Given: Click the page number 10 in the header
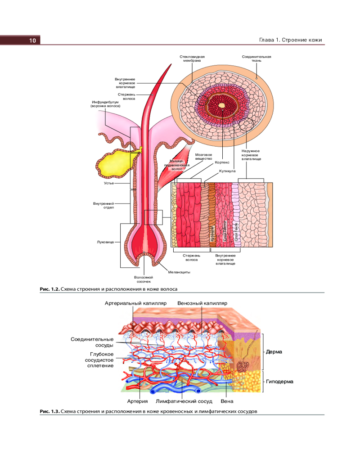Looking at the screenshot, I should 32,40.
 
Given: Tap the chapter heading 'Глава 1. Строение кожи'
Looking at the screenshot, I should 291,40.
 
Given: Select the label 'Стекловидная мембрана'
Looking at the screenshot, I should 192,59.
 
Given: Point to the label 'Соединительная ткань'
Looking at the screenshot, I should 256,59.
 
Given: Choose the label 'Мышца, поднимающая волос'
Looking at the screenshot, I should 179,165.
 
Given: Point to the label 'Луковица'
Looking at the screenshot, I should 105,242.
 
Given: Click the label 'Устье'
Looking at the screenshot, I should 108,184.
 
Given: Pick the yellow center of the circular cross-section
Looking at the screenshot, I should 222,106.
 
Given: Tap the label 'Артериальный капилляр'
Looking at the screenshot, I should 135,303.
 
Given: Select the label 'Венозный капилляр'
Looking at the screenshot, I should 202,303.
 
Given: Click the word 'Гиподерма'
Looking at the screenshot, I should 279,382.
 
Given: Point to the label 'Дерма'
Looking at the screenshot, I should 274,351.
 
